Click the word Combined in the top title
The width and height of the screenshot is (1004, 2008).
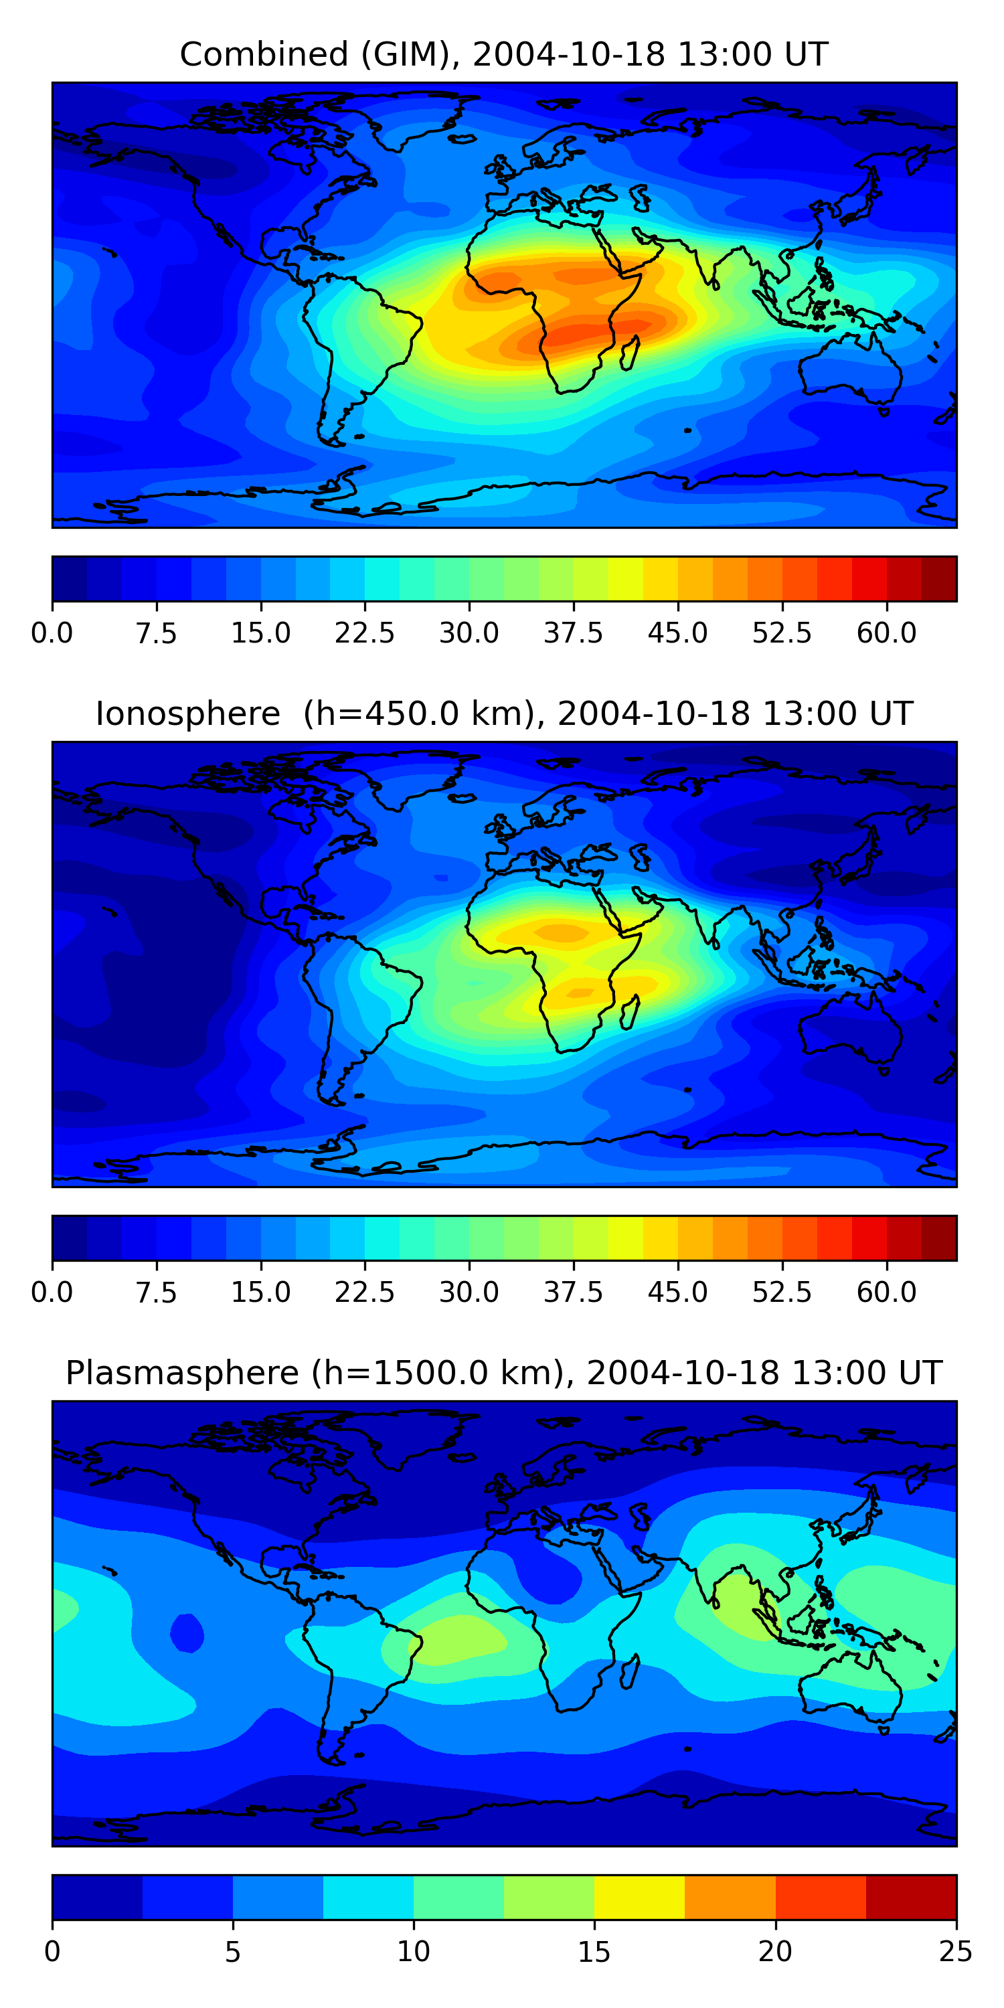(x=264, y=55)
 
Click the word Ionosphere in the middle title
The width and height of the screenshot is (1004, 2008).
(x=187, y=714)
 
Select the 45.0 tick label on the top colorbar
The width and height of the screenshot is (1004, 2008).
(x=677, y=633)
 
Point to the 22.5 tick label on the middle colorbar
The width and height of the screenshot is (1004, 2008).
(x=365, y=1292)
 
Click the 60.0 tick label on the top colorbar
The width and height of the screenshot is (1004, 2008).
(x=886, y=633)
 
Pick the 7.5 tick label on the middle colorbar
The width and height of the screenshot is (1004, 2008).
(x=156, y=1292)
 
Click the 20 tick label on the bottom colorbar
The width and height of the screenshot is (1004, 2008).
(x=775, y=1951)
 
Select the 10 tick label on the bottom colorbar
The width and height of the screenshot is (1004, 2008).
(x=413, y=1951)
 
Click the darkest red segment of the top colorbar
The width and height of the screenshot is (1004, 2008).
(x=938, y=578)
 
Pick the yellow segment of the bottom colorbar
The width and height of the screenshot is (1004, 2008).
(x=639, y=1896)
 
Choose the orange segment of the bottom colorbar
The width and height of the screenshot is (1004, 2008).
(x=730, y=1896)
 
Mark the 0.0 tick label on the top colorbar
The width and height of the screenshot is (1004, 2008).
(x=52, y=633)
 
